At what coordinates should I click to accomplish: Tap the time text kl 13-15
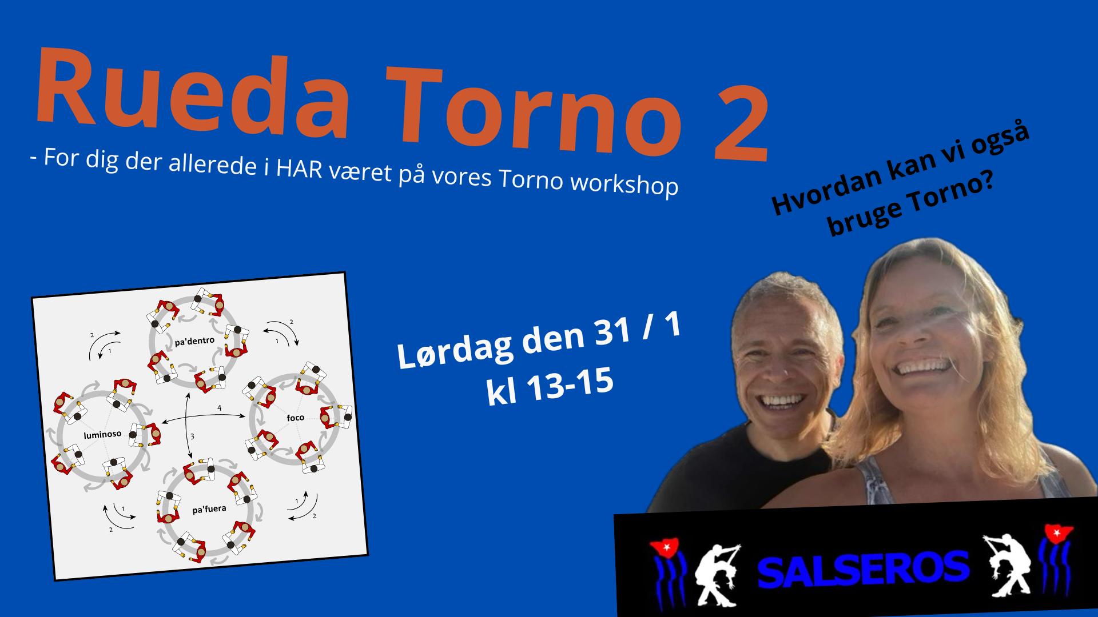click(x=550, y=389)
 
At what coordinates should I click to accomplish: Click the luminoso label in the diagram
click(x=103, y=435)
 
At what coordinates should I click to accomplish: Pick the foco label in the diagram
click(x=295, y=418)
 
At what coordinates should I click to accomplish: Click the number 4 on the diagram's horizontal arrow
click(x=219, y=408)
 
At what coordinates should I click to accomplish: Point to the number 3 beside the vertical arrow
click(x=193, y=436)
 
